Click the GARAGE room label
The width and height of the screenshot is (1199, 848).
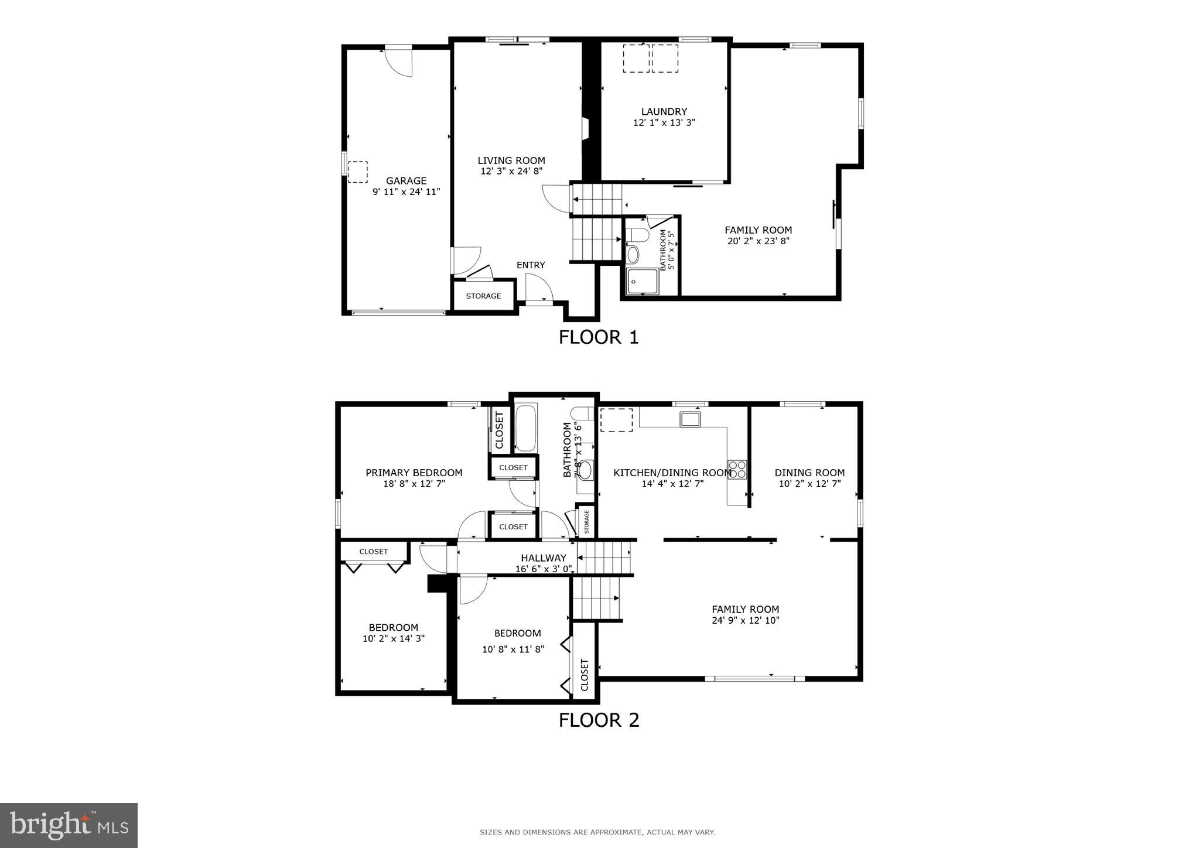point(406,181)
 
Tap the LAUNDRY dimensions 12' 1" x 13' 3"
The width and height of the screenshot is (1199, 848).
point(664,123)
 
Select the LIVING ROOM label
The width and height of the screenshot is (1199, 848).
point(511,160)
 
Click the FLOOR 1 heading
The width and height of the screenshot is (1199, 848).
point(598,337)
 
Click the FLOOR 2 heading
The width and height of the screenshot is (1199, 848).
point(599,720)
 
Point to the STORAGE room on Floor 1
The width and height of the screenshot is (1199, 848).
point(483,296)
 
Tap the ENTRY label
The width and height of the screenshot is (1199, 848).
point(531,265)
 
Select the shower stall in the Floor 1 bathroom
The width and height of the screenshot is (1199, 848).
point(643,281)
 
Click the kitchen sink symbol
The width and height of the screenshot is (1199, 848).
point(690,419)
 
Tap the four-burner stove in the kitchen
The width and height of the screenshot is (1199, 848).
point(737,470)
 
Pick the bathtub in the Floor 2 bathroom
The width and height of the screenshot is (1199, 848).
point(526,427)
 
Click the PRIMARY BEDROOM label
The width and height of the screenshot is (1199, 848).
point(414,473)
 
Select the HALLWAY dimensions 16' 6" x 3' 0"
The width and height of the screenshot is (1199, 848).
point(543,569)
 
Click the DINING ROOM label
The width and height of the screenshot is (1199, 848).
point(809,473)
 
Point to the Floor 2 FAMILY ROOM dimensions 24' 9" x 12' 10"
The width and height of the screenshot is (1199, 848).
point(745,621)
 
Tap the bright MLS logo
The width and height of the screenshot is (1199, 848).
point(69,825)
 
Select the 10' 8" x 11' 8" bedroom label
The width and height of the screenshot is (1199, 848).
point(513,649)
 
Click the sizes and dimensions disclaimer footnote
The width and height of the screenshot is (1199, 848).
point(597,832)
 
